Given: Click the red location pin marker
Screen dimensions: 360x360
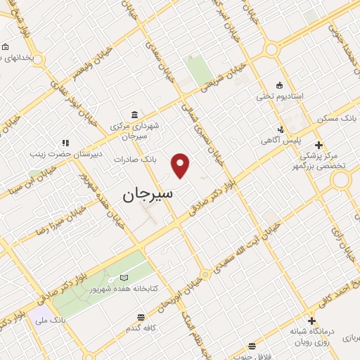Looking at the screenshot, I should [181, 166].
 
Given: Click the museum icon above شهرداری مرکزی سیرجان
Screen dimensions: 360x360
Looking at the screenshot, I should [134, 115].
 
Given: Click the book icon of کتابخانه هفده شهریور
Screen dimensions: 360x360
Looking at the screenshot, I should [124, 278].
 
